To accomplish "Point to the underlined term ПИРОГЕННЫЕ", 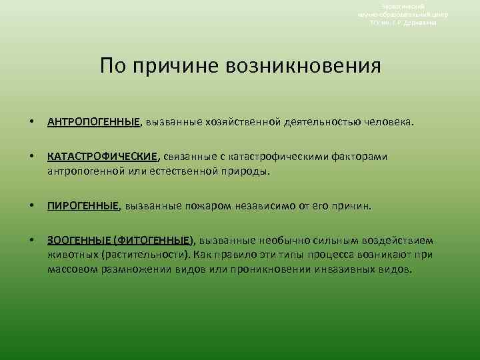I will click(83, 206).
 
